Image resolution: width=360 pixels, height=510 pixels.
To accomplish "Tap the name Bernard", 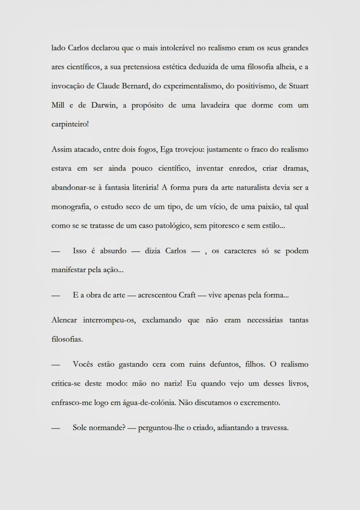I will (135, 86).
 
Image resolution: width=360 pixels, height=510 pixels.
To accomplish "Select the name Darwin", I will (104, 105).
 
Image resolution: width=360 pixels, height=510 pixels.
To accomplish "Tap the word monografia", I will (70, 207).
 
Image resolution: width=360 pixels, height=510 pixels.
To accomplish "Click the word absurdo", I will (113, 251).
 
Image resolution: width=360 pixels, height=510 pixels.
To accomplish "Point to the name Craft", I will (187, 295).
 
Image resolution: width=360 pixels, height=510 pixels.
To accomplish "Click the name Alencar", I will (64, 320).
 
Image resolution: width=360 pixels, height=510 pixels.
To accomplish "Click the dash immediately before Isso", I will (55, 251).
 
